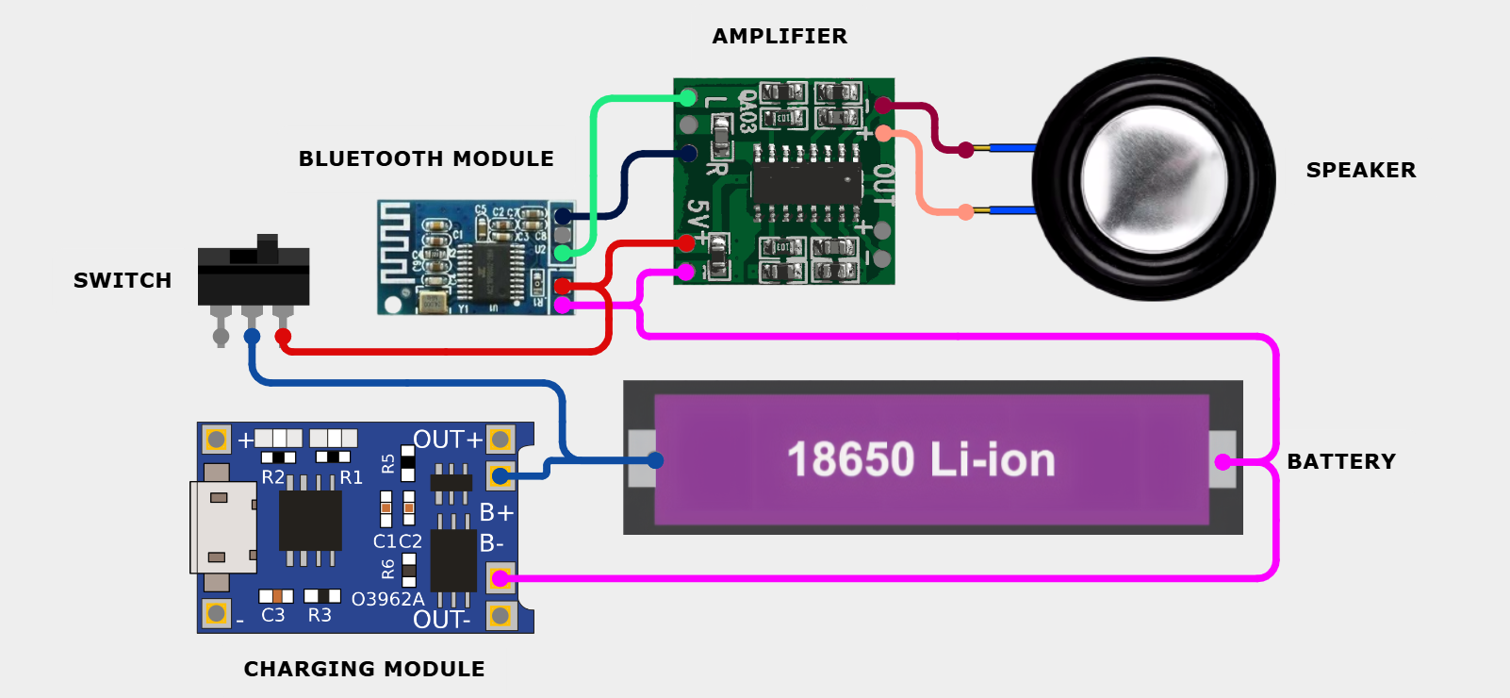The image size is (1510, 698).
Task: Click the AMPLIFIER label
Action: click(x=780, y=37)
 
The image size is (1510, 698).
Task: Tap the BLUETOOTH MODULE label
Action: click(x=426, y=159)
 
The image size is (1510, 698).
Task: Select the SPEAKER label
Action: click(x=1360, y=171)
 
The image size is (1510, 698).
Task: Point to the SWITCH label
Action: click(x=123, y=281)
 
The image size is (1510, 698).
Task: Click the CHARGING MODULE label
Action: click(x=364, y=670)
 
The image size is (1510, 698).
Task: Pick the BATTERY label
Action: click(x=1340, y=462)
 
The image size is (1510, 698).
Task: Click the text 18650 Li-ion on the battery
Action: click(x=921, y=460)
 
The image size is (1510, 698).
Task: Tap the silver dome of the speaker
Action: click(x=1154, y=179)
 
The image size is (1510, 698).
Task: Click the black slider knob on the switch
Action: click(x=268, y=248)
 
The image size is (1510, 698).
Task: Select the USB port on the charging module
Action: click(x=222, y=527)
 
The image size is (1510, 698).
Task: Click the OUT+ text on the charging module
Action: click(x=448, y=440)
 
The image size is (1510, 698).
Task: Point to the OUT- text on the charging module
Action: click(x=441, y=620)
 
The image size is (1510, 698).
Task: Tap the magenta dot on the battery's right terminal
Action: click(x=1223, y=462)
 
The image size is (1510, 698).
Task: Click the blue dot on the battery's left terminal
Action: click(x=655, y=460)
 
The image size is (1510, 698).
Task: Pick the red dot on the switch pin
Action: click(x=283, y=336)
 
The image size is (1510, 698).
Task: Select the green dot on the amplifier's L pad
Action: click(x=688, y=97)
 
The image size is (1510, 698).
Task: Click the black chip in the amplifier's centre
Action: click(x=806, y=185)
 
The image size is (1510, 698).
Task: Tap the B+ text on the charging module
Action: click(x=496, y=512)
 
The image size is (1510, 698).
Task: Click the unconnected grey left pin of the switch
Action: click(x=221, y=335)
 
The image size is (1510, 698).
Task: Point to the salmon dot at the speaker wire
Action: click(x=965, y=212)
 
